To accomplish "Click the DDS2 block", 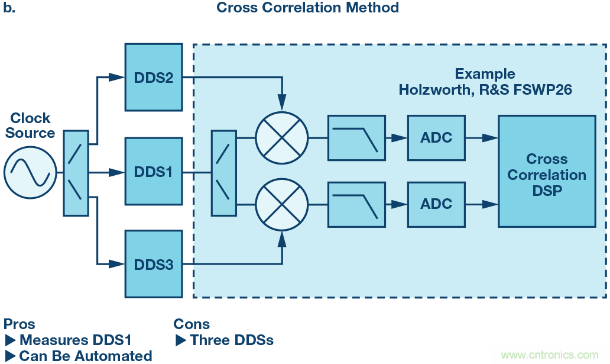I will pos(153,77).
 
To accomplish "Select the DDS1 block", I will pos(153,172).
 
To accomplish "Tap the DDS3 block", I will pos(153,265).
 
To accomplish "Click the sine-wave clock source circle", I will pos(30,172).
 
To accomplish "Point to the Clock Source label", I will pos(30,125).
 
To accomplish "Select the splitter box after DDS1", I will pos(223,172).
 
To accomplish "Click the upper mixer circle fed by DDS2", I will pos(281,138).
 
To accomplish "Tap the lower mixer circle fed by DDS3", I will pos(281,204).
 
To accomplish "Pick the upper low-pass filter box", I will pos(356,138).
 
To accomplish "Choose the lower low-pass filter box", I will pos(356,204).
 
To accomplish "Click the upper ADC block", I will pos(436,138).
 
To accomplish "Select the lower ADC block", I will pos(436,204).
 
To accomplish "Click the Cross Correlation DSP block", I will pos(547,171).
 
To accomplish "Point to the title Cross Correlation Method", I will pos(307,8).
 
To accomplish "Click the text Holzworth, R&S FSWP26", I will pos(485,90).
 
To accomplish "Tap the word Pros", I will pos(20,324).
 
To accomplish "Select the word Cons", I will pos(192,324).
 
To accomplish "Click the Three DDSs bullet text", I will pos(231,340).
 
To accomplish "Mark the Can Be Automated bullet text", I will pos(85,356).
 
